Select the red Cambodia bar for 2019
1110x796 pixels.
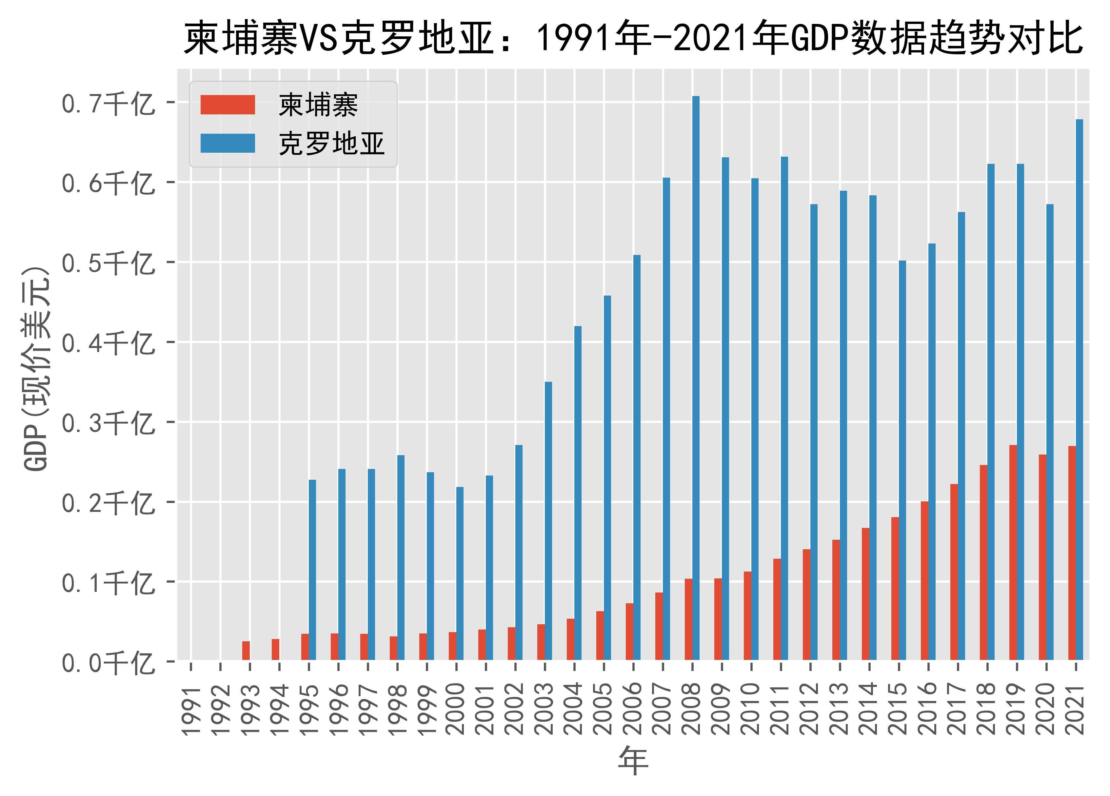tap(1013, 553)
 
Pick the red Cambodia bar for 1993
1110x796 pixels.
tap(246, 651)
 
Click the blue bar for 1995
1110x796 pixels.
tap(312, 570)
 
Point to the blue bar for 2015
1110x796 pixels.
tap(902, 460)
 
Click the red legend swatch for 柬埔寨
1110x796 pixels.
tap(228, 105)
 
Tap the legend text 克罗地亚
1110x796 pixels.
tap(332, 144)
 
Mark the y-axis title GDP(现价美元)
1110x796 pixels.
tap(37, 369)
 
